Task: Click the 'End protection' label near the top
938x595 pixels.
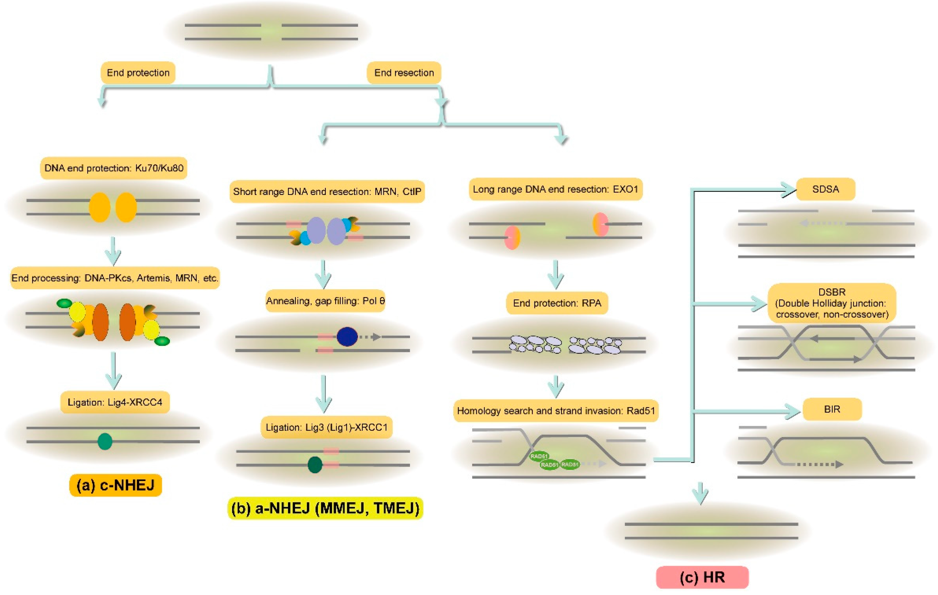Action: click(138, 73)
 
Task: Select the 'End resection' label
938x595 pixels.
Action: click(404, 73)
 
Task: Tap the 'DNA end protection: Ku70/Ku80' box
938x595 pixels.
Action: click(114, 168)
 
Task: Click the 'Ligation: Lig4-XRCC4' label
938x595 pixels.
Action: click(115, 402)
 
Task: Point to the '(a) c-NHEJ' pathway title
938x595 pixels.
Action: click(115, 485)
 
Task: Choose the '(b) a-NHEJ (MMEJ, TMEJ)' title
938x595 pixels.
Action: click(325, 508)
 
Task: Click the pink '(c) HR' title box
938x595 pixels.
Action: click(702, 577)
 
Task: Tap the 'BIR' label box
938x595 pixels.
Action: click(832, 409)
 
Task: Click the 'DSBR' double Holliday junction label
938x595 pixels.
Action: click(832, 303)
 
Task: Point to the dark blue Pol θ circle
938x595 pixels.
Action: click(347, 337)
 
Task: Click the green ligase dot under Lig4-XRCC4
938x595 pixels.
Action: click(105, 441)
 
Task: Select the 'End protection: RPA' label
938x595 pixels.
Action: click(557, 303)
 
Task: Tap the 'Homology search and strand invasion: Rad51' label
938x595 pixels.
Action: click(556, 410)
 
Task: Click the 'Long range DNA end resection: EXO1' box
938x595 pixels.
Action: click(556, 189)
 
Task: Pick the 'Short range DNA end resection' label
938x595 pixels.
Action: click(327, 191)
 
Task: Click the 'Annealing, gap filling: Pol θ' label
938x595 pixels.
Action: click(325, 301)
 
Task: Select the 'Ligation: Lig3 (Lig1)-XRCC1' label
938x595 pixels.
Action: click(326, 427)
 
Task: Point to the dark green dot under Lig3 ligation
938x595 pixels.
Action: click(315, 465)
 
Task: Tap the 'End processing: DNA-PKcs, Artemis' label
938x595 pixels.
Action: click(115, 278)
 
